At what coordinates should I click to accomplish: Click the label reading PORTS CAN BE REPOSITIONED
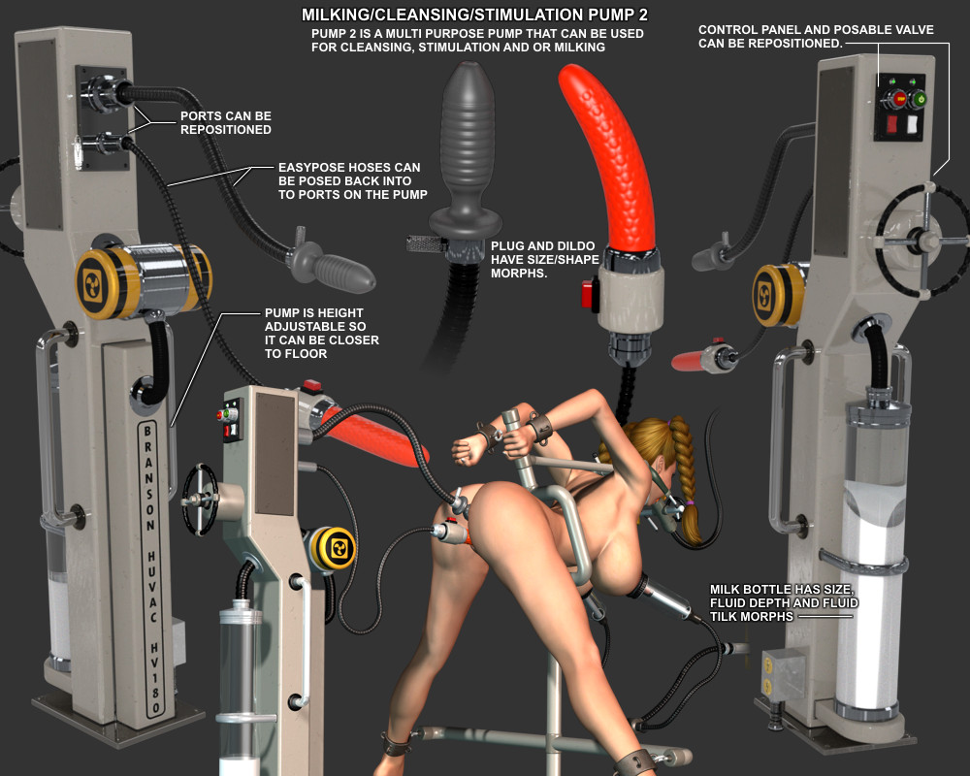pyautogui.click(x=226, y=122)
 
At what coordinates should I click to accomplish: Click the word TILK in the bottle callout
pyautogui.click(x=724, y=616)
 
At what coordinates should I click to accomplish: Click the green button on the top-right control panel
pyautogui.click(x=919, y=98)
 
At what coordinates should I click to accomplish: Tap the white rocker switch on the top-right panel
pyautogui.click(x=912, y=124)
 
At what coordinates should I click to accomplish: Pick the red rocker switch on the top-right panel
pyautogui.click(x=892, y=124)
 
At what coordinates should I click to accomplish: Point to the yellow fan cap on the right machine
pyautogui.click(x=770, y=295)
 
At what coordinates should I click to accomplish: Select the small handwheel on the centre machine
pyautogui.click(x=200, y=499)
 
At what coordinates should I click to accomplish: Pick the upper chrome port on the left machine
pyautogui.click(x=104, y=93)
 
